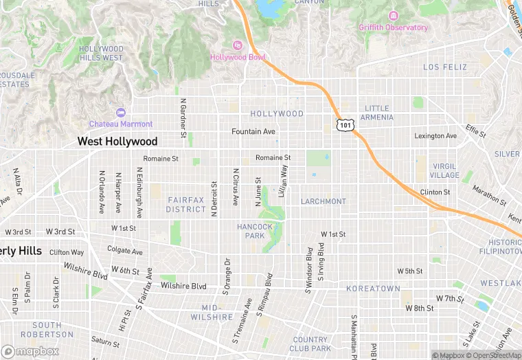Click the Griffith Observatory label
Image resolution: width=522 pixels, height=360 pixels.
tap(393, 27)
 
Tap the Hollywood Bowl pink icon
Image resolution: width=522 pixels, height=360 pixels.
tap(237, 45)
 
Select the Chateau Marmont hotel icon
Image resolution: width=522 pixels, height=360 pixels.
tap(122, 112)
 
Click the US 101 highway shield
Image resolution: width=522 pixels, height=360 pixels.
tap(345, 124)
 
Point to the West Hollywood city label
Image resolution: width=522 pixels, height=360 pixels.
tap(117, 142)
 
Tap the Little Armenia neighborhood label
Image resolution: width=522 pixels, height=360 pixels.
tap(378, 113)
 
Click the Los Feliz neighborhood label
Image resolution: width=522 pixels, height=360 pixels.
tap(444, 67)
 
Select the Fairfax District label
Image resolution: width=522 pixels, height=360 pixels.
tap(186, 204)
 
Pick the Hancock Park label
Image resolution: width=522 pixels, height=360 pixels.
tap(255, 231)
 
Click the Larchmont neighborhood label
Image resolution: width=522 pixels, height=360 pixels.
tap(323, 201)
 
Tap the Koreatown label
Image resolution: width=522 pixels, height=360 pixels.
tap(373, 289)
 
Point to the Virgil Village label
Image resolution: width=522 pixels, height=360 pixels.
tap(445, 170)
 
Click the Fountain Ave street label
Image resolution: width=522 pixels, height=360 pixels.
tap(253, 131)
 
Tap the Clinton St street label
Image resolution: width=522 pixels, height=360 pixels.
tap(435, 192)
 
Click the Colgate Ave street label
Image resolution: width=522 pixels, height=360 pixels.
tap(125, 251)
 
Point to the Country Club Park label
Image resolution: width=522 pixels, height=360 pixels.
tap(310, 344)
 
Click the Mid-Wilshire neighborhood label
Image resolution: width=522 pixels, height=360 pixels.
tap(217, 313)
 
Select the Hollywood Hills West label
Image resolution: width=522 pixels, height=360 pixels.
tap(101, 54)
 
